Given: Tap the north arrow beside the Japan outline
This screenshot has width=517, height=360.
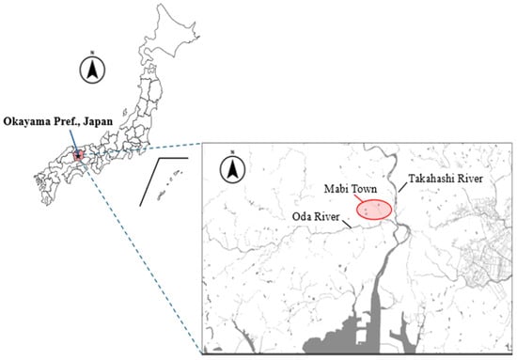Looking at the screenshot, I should point(91,68).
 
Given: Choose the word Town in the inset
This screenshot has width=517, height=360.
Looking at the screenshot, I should point(363,187).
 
